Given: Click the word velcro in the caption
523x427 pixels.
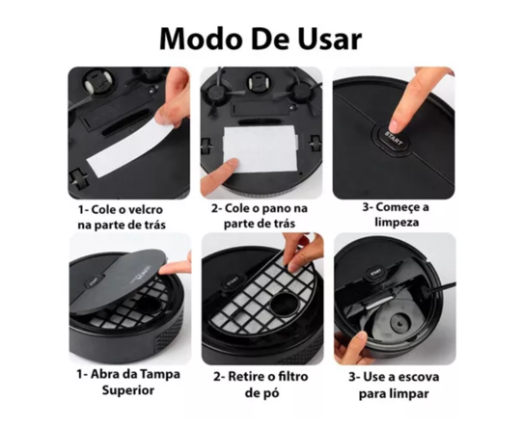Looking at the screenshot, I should point(143,208).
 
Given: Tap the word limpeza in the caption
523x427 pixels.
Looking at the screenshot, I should point(394,224).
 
